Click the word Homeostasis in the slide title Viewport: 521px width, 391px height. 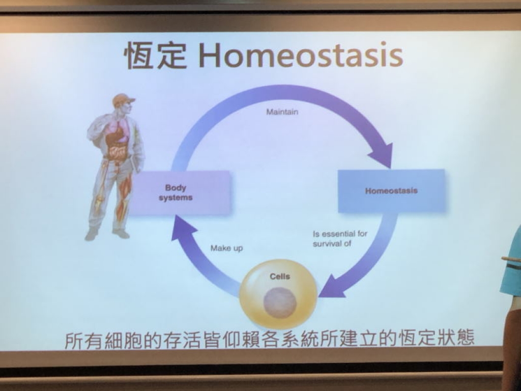tap(301, 55)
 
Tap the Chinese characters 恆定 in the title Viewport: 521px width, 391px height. tap(156, 56)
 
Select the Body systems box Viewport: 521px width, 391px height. tap(180, 193)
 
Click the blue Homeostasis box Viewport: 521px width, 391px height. tap(391, 190)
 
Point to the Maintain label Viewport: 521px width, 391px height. tap(282, 111)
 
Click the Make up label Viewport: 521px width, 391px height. tap(226, 248)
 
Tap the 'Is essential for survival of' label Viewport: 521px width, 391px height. tap(340, 238)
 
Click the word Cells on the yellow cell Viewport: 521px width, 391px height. tap(280, 276)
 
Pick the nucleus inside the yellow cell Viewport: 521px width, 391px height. tap(280, 303)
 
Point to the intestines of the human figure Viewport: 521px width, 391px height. tap(118, 151)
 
